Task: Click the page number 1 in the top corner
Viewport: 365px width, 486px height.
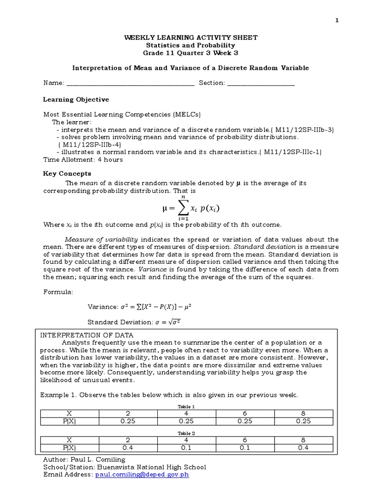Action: (337, 20)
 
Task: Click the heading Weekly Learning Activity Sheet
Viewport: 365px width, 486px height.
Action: (190, 37)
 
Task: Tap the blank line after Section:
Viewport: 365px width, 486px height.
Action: (261, 83)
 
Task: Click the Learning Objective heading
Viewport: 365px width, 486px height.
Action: (76, 100)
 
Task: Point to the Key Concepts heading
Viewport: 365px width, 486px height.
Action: (67, 174)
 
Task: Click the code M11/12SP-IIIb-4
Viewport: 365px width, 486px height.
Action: (90, 144)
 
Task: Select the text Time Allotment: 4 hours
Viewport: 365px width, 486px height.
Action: (83, 159)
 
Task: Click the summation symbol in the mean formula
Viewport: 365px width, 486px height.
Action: (180, 208)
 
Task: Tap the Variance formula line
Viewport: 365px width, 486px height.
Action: (139, 307)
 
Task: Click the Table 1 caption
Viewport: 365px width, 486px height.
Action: (186, 407)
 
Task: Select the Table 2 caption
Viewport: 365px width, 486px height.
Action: (186, 433)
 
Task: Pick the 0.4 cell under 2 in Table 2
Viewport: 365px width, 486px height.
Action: (128, 448)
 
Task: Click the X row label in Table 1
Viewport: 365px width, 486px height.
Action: (69, 413)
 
